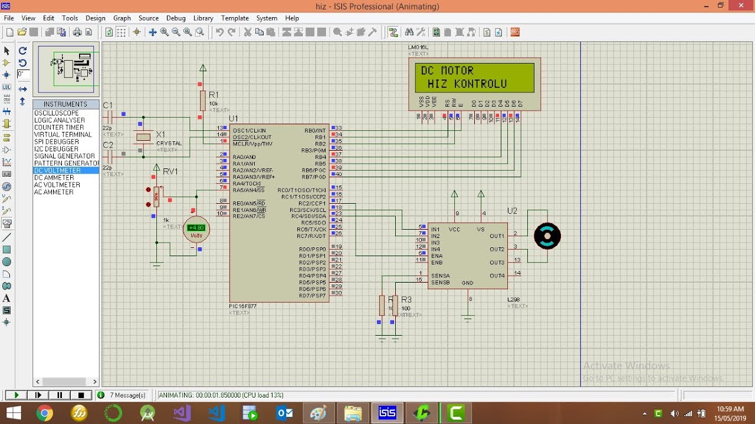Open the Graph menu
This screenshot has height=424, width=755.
coord(122,18)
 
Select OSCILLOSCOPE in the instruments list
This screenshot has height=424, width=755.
coord(57,113)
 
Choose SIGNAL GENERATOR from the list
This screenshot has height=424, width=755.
coord(64,156)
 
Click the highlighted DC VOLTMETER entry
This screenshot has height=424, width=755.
coord(58,171)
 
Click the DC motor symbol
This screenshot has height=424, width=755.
coord(547,236)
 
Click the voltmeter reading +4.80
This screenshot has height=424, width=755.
coord(196,227)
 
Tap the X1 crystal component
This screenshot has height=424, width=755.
coord(143,137)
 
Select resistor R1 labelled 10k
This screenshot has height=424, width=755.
coord(202,100)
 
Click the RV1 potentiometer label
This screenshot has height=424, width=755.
coord(170,171)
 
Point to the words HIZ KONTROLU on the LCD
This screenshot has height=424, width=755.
coord(467,84)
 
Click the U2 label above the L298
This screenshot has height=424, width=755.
coord(512,211)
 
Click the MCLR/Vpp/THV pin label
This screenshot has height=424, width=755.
coord(252,144)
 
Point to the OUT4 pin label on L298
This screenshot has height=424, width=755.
coord(497,276)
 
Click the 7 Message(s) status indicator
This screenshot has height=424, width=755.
coord(127,395)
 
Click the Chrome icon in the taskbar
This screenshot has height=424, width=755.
coord(44,413)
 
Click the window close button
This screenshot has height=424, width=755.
coord(740,6)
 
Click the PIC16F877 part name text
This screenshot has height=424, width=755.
coord(242,306)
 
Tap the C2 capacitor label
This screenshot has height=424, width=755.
coord(108,145)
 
